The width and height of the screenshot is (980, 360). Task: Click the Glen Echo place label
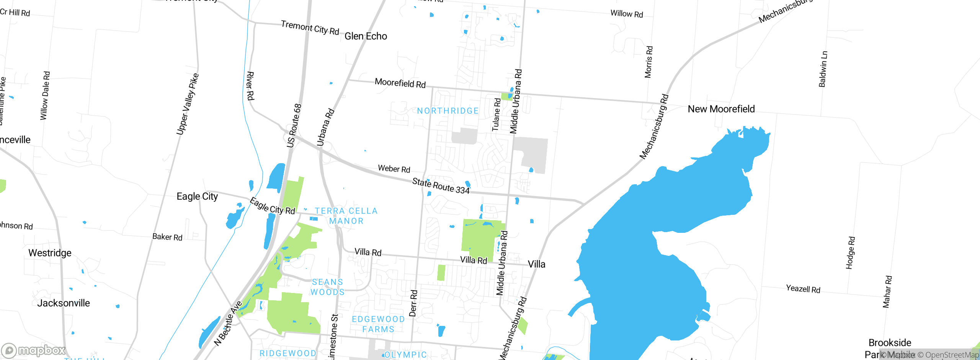pyautogui.click(x=366, y=36)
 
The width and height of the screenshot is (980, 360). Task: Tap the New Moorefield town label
pyautogui.click(x=721, y=109)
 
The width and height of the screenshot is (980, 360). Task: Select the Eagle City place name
pyautogui.click(x=197, y=196)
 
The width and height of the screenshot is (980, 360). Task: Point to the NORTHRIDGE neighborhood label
pyautogui.click(x=448, y=111)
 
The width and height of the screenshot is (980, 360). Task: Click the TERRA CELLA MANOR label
pyautogui.click(x=346, y=216)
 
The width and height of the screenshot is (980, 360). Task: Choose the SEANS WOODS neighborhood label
pyautogui.click(x=327, y=287)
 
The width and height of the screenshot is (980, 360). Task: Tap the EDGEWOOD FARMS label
pyautogui.click(x=378, y=324)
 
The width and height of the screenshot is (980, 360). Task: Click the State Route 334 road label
pyautogui.click(x=441, y=186)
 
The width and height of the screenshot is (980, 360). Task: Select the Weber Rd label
pyautogui.click(x=394, y=169)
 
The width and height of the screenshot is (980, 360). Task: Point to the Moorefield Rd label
pyautogui.click(x=400, y=83)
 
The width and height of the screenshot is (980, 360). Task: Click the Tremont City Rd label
pyautogui.click(x=310, y=28)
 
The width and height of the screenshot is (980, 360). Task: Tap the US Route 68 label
pyautogui.click(x=294, y=126)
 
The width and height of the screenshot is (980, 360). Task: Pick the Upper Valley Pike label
pyautogui.click(x=187, y=104)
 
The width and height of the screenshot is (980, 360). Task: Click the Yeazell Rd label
pyautogui.click(x=803, y=289)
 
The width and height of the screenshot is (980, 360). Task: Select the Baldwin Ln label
pyautogui.click(x=823, y=69)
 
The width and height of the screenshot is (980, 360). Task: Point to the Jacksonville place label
pyautogui.click(x=64, y=303)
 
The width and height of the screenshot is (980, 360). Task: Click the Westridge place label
pyautogui.click(x=50, y=253)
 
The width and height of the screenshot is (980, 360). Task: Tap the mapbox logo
pyautogui.click(x=34, y=350)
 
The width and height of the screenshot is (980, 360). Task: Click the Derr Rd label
pyautogui.click(x=413, y=303)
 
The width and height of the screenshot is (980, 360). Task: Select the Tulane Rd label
pyautogui.click(x=496, y=115)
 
